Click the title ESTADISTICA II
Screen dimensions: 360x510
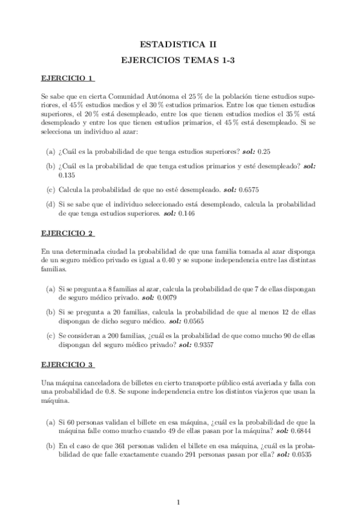tap(180, 44)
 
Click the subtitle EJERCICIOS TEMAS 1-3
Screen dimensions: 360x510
tap(180, 60)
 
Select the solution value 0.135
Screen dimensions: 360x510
tap(67, 175)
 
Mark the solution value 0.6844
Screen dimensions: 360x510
tap(304, 431)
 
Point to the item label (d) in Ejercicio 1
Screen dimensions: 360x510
tap(51, 204)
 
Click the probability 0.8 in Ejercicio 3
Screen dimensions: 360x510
tap(109, 392)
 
